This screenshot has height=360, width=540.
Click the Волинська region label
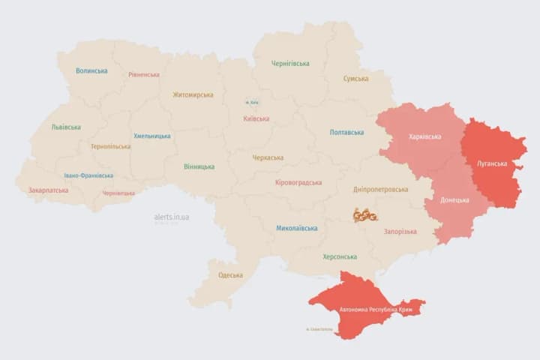91,71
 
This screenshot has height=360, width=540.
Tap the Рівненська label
143,75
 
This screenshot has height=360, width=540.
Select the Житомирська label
193,95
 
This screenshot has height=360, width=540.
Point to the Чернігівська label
290,64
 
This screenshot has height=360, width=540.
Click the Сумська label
355,79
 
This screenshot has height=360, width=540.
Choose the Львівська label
66,127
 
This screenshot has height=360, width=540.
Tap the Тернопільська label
110,147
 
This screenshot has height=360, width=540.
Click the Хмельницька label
151,136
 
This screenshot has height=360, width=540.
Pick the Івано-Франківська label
88,175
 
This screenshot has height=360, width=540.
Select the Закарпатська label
48,190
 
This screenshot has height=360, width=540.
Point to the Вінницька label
199,166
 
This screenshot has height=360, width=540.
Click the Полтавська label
346,133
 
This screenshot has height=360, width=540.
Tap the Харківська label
424,137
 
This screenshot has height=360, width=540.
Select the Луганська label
492,163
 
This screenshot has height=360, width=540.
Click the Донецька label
454,200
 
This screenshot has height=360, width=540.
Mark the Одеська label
230,275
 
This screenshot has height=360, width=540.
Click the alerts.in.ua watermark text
172,217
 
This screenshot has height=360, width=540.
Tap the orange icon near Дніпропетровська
364,215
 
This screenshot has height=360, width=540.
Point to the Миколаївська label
296,228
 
